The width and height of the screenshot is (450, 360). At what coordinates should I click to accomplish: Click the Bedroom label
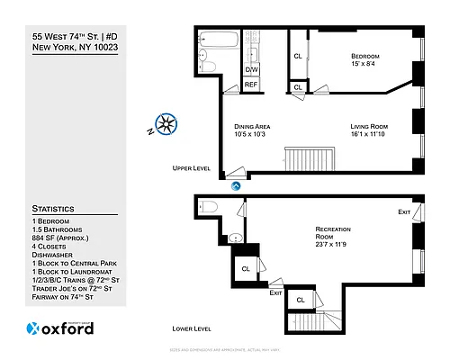366,55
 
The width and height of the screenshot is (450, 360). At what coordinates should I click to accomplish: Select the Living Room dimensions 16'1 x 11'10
367,135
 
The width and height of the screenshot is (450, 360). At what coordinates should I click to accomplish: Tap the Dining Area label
252,126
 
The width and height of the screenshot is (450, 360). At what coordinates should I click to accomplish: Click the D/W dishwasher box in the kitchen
252,68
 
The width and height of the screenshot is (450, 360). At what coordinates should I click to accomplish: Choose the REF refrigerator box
252,85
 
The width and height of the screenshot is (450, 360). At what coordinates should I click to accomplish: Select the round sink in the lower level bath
235,238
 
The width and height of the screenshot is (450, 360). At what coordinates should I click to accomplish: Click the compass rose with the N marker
166,124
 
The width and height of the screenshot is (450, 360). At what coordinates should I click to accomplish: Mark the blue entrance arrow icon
236,185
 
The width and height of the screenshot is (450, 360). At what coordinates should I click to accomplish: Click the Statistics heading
53,208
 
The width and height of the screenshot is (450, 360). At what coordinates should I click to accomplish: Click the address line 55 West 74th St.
76,36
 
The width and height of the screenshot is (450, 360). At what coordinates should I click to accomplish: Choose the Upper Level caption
192,168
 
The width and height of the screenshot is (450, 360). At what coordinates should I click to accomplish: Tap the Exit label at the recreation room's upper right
404,211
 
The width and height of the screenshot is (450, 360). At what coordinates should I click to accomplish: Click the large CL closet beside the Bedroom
298,56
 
